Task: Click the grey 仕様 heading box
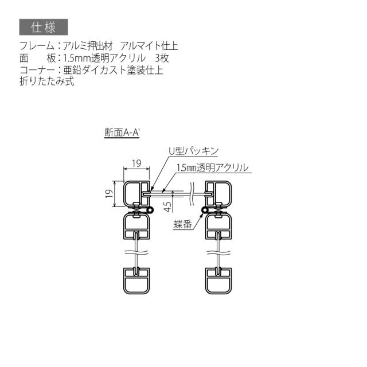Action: tap(44, 27)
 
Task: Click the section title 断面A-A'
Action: tap(122, 132)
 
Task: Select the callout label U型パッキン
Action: tap(194, 151)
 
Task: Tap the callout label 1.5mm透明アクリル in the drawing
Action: tap(212, 168)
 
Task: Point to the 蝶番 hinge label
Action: tap(182, 224)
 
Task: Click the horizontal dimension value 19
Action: tap(136, 163)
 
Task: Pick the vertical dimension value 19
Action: tap(109, 194)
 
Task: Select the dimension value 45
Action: tap(168, 206)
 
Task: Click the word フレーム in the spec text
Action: tap(37, 46)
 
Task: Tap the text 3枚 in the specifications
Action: tap(162, 58)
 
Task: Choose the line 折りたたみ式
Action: tap(47, 81)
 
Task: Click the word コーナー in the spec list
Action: tap(37, 70)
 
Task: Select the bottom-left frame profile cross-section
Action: tap(136, 280)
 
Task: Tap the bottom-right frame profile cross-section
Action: tap(218, 280)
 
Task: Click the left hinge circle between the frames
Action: tap(151, 210)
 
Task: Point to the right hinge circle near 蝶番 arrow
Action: tap(205, 210)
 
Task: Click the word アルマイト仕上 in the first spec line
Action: tap(149, 46)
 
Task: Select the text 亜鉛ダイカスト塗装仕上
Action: tap(114, 70)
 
